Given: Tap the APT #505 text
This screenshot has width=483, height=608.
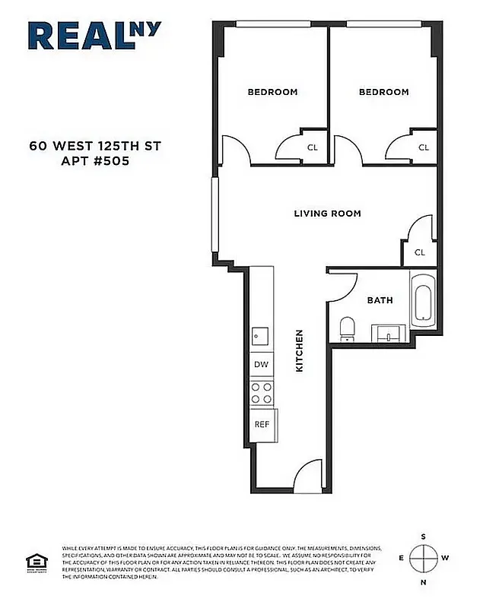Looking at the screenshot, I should point(95,160).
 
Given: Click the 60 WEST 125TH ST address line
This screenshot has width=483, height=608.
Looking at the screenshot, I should point(95,144).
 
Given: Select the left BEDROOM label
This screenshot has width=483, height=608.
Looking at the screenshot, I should point(272,92).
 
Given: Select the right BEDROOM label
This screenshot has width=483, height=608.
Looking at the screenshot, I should point(383,92).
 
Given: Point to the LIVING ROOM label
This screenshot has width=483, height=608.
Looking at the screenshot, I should point(327,214).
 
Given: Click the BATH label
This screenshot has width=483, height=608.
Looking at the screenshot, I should point(380,300).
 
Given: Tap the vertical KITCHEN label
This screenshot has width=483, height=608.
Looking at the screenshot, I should point(299,350).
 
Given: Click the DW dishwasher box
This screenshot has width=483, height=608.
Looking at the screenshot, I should point(261,365).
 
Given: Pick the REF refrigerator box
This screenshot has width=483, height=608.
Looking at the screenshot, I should point(262,424).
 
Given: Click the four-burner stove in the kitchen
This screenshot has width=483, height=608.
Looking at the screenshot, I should point(262,392).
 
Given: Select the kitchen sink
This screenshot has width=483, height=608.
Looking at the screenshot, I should point(260,334).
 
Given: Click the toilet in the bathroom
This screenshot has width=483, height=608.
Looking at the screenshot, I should point(347,328).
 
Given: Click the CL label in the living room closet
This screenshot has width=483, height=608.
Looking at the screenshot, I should point(419,252).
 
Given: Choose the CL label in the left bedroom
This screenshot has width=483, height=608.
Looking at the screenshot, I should point(312,148).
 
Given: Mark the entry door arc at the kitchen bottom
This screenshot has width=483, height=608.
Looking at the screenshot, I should point(309,474).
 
